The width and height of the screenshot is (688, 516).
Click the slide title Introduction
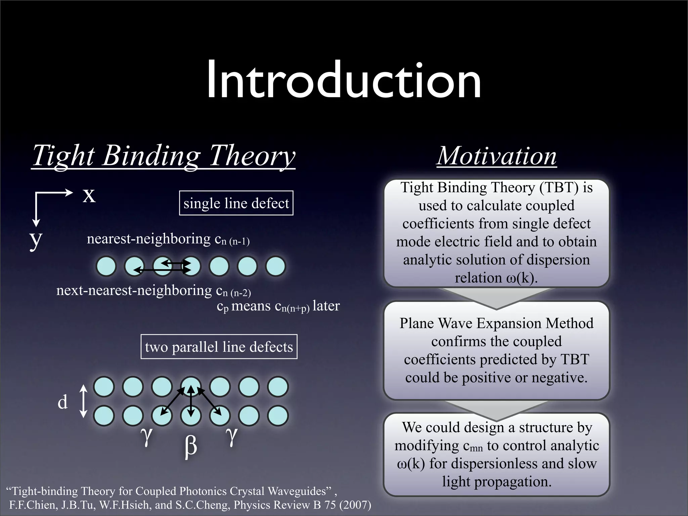coord(344,81)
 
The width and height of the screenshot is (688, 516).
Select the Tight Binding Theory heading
coord(164,156)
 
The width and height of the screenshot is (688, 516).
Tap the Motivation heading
coord(496,156)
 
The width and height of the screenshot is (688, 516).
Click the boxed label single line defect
coord(236,203)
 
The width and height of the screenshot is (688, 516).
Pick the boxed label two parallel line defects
coord(219,347)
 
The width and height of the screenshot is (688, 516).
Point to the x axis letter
coord(89,195)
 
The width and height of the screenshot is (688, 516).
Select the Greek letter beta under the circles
coord(190,446)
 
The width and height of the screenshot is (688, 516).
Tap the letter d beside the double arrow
coord(62,402)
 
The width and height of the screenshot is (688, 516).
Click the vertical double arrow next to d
coord(83,401)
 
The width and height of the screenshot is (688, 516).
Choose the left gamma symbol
coord(146,435)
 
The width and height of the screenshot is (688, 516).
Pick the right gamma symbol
coord(231,435)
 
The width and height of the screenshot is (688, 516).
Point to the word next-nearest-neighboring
coord(134,290)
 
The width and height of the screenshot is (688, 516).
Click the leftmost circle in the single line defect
coord(106,266)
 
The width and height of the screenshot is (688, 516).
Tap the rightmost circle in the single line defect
coord(275,266)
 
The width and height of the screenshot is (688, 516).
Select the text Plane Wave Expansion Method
coord(496,323)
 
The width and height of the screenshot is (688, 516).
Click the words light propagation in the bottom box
coord(497,481)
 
